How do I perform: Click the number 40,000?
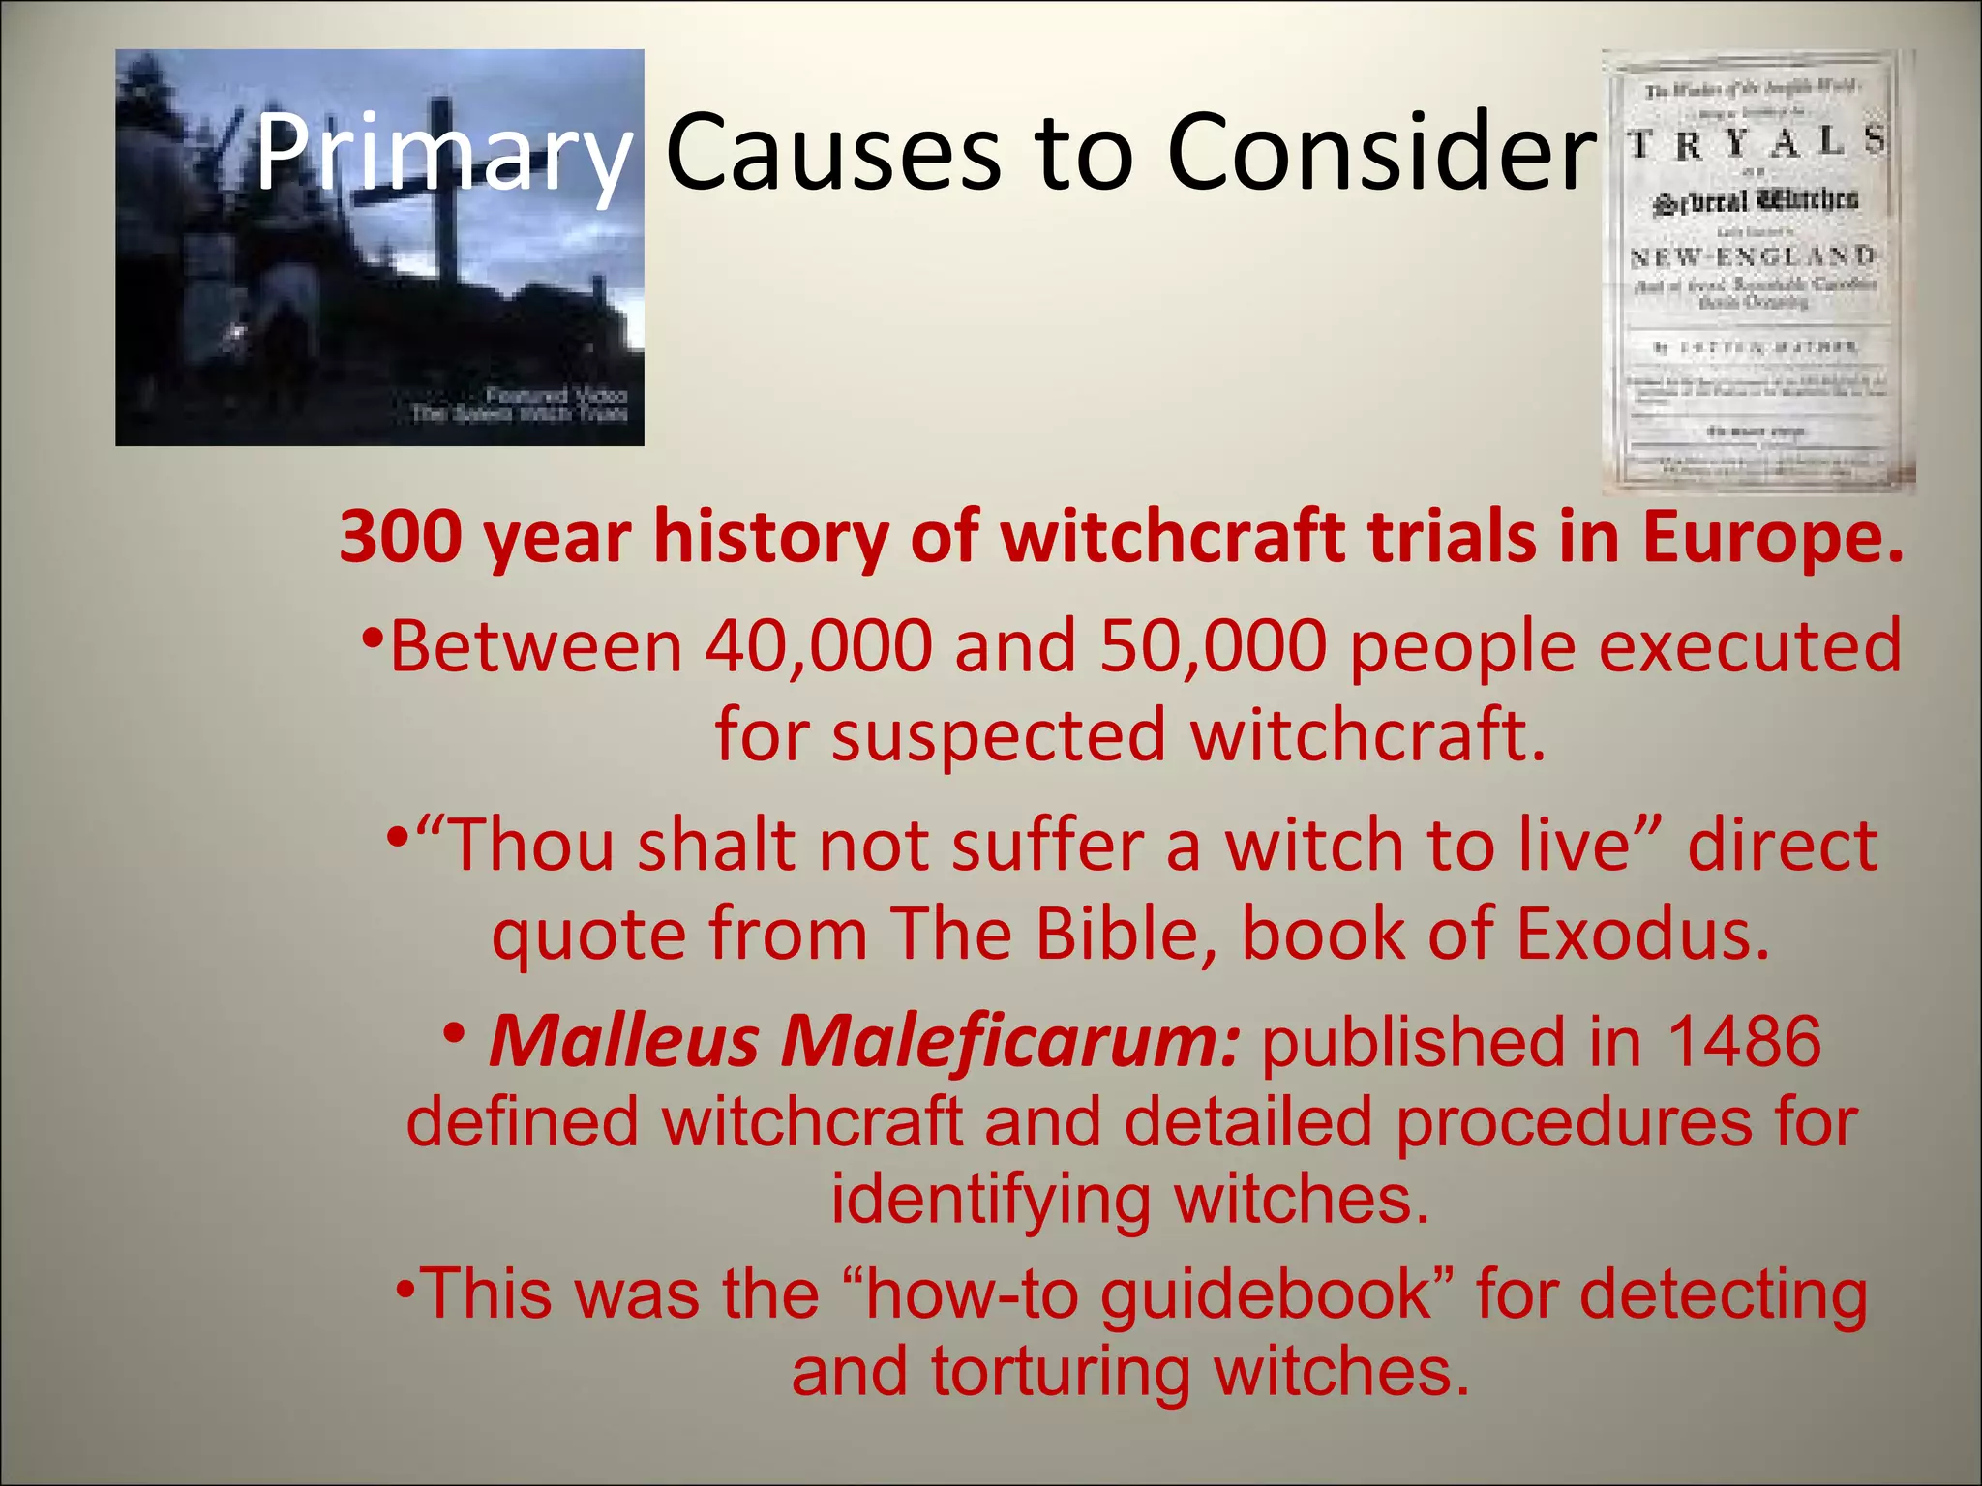[x=818, y=646]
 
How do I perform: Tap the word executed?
[x=1750, y=646]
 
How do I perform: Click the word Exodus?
[x=1642, y=934]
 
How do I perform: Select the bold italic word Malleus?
[x=624, y=1042]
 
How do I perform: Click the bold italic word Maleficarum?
[x=1009, y=1042]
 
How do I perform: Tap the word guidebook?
[x=1267, y=1294]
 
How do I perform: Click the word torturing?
[x=1061, y=1372]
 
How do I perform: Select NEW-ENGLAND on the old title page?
[x=1753, y=257]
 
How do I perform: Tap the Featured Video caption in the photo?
[x=556, y=395]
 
